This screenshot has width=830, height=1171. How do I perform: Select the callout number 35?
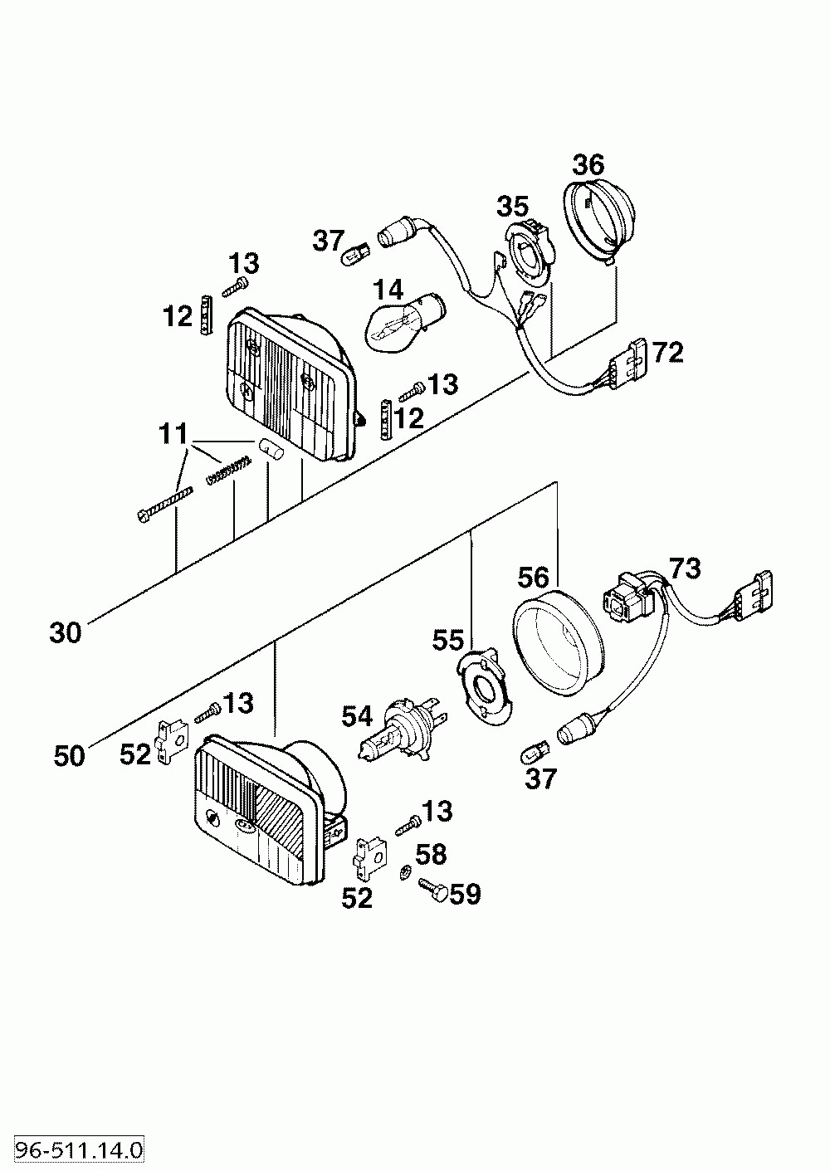(x=512, y=207)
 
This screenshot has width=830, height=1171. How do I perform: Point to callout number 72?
(x=668, y=353)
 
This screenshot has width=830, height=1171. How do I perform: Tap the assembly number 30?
(x=66, y=633)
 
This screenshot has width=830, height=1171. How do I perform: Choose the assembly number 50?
(x=69, y=756)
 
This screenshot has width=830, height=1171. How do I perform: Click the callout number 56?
(x=534, y=578)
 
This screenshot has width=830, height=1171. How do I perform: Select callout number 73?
(x=685, y=568)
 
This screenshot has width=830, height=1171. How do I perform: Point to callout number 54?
(x=357, y=717)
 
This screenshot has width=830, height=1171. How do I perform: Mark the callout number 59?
(x=465, y=895)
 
